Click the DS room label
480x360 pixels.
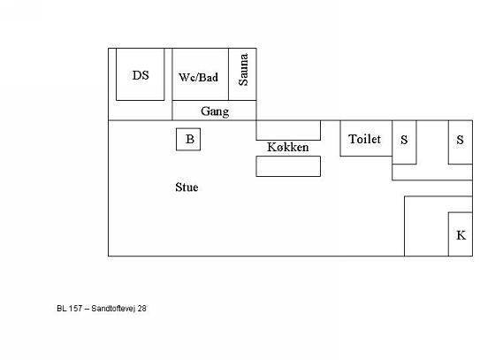141,75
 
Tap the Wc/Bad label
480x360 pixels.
198,77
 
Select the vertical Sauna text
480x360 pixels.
243,70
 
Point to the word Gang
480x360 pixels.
215,111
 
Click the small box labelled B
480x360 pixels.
188,140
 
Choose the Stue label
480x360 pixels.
187,188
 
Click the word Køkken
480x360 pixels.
288,147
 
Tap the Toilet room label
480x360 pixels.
364,139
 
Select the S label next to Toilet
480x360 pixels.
404,140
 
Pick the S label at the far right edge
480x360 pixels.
460,140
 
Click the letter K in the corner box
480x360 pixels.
461,235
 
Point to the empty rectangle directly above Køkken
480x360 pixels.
288,130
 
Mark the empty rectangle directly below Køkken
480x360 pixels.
288,166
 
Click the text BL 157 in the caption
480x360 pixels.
70,308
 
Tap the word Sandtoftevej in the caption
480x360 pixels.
113,309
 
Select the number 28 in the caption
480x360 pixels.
141,308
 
